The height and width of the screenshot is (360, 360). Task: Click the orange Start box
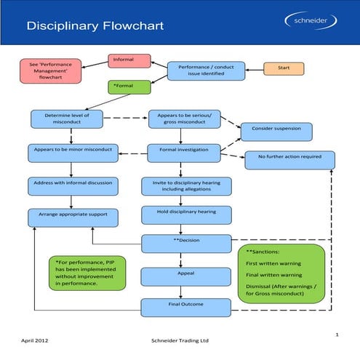point(284,68)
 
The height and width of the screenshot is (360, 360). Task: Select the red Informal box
point(129,60)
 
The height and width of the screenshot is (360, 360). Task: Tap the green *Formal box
point(129,87)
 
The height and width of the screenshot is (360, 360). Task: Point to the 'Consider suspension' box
point(276,131)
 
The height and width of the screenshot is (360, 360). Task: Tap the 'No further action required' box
point(290,159)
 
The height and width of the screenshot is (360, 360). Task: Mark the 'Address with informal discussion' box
point(72,184)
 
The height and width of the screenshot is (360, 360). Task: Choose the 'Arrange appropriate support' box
point(72,216)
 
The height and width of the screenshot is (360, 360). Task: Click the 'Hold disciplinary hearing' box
point(186,215)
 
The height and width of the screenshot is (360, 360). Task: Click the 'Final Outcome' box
point(186,308)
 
